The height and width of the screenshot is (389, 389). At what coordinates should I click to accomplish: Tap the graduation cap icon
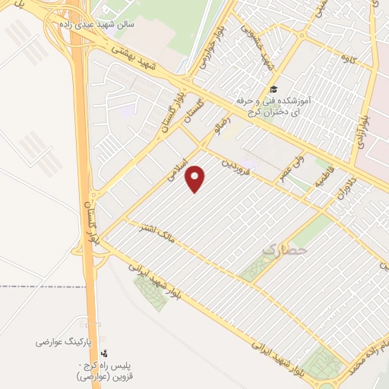coord(274,90)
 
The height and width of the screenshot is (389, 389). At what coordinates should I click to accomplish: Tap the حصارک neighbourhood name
coord(284,248)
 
